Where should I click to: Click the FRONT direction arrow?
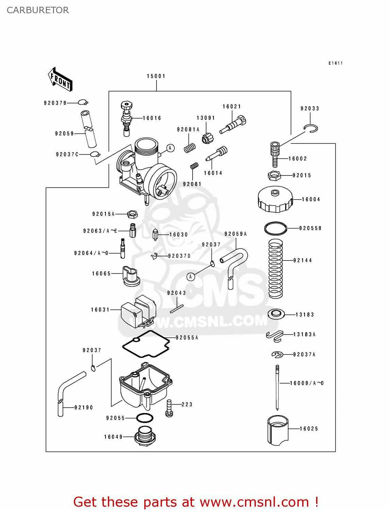[60, 79]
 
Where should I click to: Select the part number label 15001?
[156, 76]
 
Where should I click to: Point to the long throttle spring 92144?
[276, 269]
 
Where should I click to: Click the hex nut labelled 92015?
[274, 175]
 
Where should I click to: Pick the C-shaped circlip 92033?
[311, 128]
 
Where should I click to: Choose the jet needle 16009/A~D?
[277, 388]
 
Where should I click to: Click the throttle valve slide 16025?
[278, 430]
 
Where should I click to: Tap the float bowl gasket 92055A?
[146, 344]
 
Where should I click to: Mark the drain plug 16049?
[145, 436]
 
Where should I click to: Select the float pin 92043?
[177, 308]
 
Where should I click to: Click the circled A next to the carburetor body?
[170, 148]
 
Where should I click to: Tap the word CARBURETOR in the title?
[38, 10]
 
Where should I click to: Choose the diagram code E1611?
[336, 63]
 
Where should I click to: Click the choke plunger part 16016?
[127, 118]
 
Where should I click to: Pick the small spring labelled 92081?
[194, 166]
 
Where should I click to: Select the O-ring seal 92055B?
[276, 228]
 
